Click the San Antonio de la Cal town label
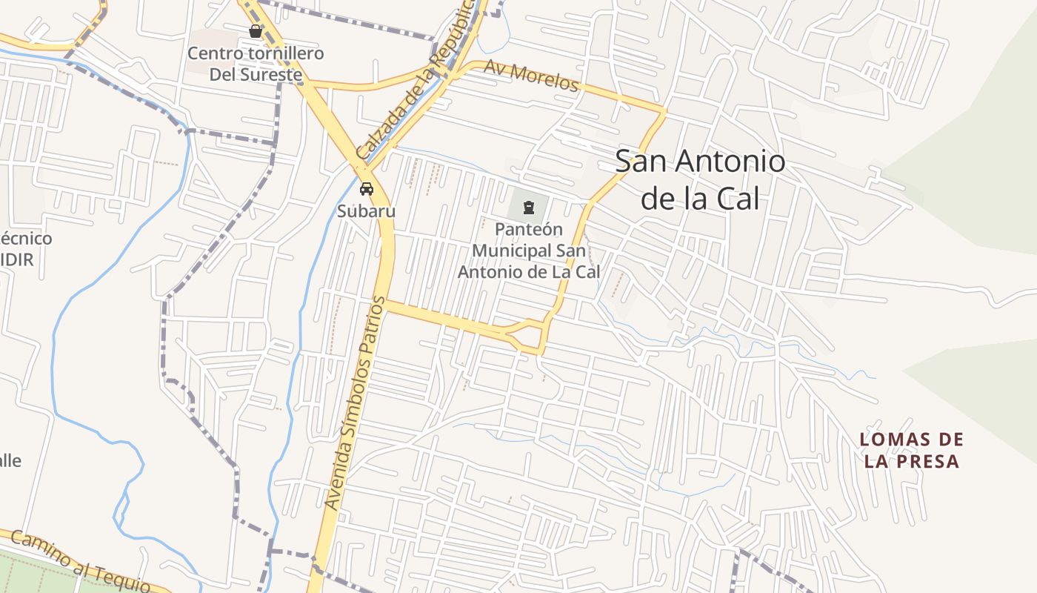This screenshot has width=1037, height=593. click(x=700, y=179)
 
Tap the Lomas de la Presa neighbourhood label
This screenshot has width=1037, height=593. click(x=912, y=450)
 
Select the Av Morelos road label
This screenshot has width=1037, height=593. click(x=531, y=76)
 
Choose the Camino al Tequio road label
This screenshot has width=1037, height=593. click(x=81, y=562)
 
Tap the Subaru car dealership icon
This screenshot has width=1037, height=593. click(x=367, y=189)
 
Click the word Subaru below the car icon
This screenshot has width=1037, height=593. click(x=367, y=211)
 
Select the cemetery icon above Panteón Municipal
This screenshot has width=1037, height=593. click(x=529, y=207)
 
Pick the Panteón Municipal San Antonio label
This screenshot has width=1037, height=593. click(x=529, y=251)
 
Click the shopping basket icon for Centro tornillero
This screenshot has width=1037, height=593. click(x=256, y=31)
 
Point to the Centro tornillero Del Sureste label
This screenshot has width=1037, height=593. click(x=256, y=64)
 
